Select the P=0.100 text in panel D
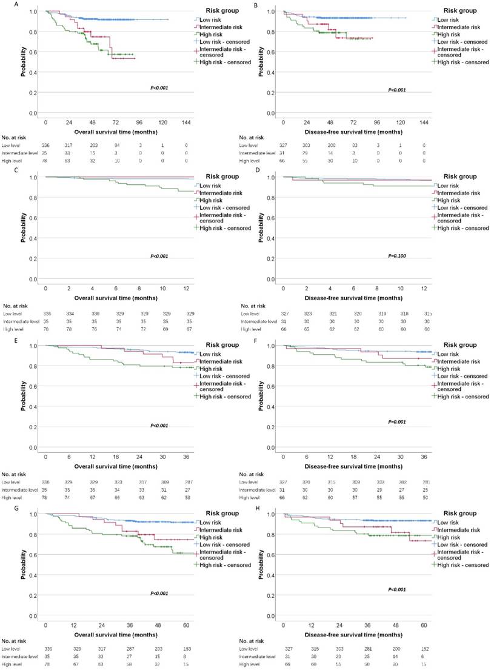tap(397, 256)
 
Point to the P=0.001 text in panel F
tap(397, 421)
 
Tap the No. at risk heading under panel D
tap(254, 306)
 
